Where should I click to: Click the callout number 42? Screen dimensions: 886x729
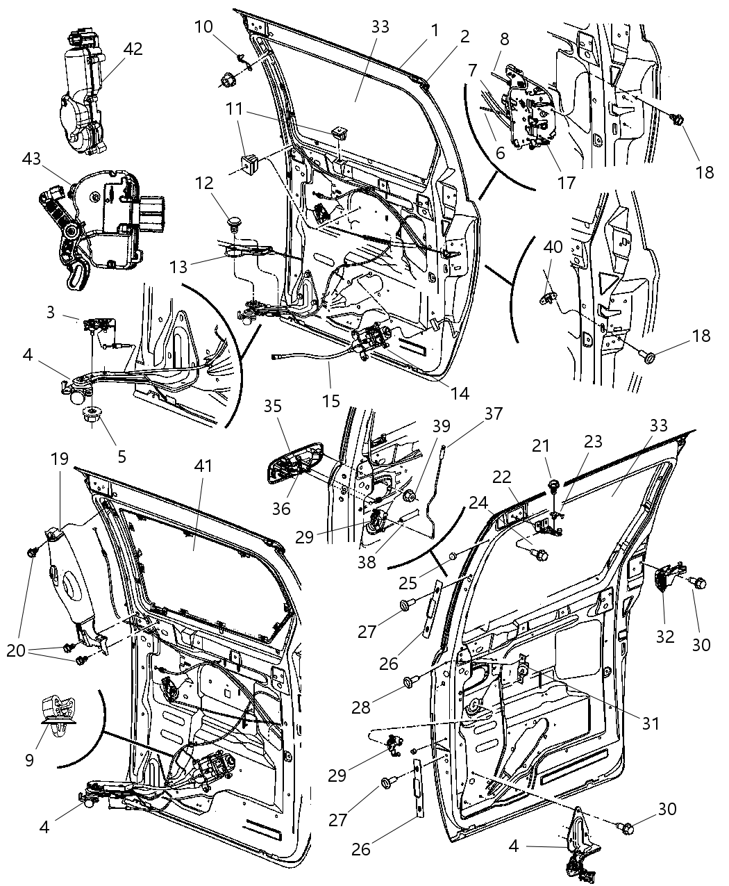coord(132,49)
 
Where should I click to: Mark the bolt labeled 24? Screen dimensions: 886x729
coord(539,555)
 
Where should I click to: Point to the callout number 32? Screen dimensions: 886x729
coord(665,636)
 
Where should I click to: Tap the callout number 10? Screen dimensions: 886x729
coord(203,27)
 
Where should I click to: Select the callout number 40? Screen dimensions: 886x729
coord(553,247)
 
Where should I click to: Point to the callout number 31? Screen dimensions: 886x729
coord(649,723)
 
